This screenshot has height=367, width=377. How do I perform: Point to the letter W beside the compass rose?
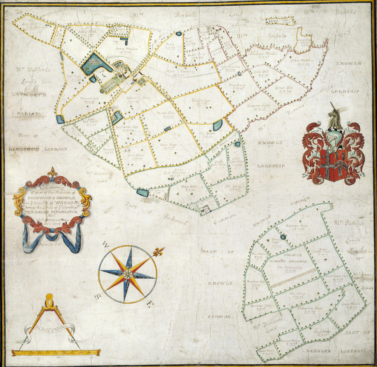tap(106, 247)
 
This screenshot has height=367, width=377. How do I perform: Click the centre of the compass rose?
tap(127, 274)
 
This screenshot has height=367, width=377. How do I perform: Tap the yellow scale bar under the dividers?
tap(56, 352)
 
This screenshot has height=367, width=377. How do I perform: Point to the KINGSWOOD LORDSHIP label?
tap(38, 149)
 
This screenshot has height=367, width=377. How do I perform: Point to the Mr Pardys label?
tap(348, 223)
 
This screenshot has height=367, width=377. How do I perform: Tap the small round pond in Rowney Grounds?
tap(283, 237)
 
